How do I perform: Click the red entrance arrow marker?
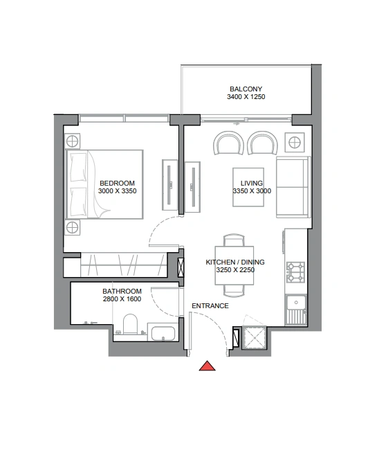click(207, 366)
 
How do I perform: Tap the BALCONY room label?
click(246, 89)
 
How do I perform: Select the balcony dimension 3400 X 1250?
click(246, 97)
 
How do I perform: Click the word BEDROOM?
click(117, 183)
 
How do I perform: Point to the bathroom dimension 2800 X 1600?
click(122, 299)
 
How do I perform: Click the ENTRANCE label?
click(210, 305)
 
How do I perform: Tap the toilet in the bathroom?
click(130, 324)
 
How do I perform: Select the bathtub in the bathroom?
click(163, 333)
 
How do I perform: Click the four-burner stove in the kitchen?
click(295, 272)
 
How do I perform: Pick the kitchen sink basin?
click(295, 303)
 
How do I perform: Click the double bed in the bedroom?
click(104, 184)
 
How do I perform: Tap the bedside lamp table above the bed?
click(73, 141)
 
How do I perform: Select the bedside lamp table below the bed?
click(73, 228)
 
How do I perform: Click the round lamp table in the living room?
click(295, 143)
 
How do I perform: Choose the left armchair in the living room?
click(228, 143)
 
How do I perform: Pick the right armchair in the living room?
click(262, 143)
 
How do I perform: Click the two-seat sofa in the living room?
click(293, 187)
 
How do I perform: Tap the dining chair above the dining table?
click(234, 240)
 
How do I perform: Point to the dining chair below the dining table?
click(234, 291)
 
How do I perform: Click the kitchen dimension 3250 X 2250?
click(235, 270)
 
